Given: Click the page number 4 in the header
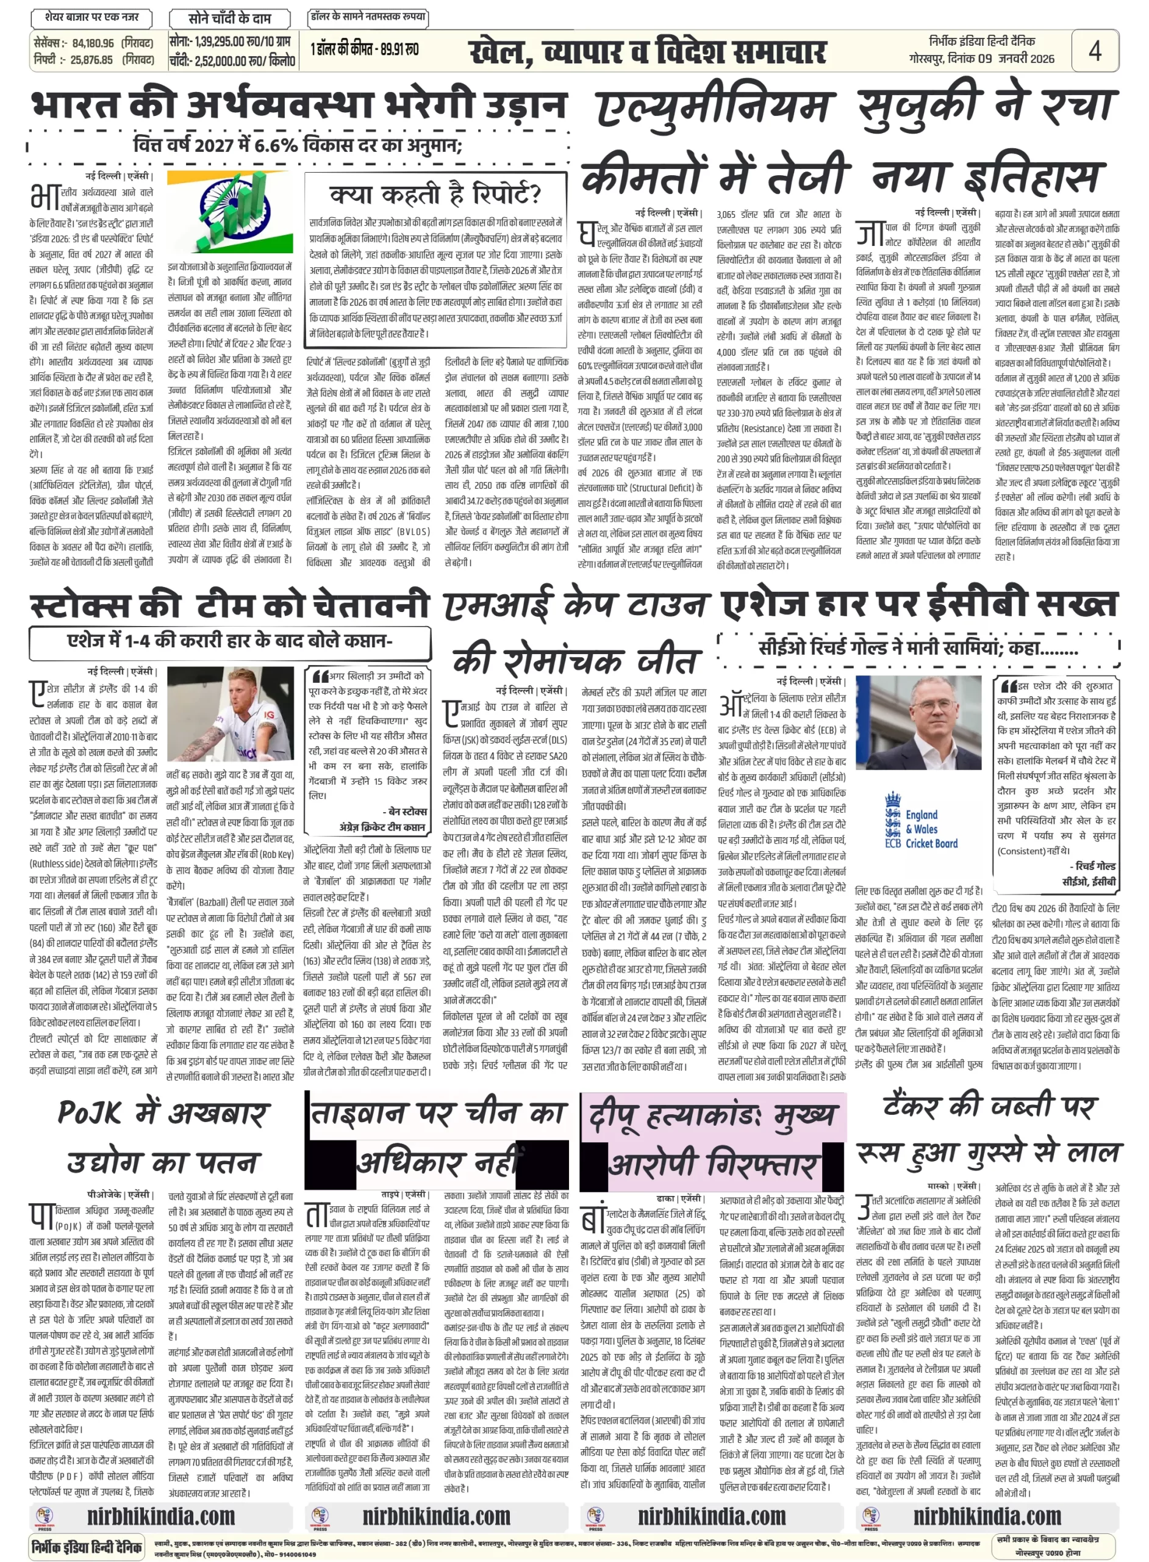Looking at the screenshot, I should [x=1095, y=51].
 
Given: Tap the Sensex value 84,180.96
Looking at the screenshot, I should [x=93, y=43].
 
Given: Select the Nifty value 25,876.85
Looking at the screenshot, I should [x=91, y=60].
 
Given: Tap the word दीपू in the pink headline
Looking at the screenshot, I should [x=613, y=1116].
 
